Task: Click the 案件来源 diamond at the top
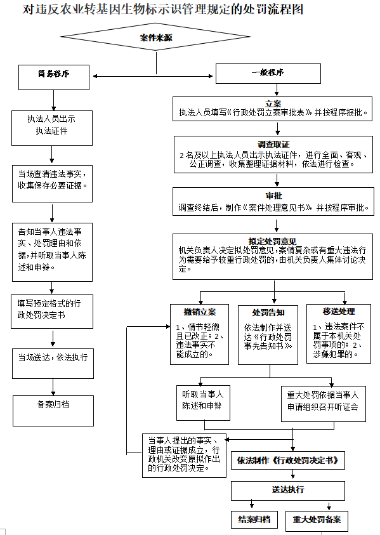pyautogui.click(x=155, y=38)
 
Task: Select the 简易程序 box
pyautogui.click(x=53, y=74)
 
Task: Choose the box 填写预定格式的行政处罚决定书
pyautogui.click(x=53, y=309)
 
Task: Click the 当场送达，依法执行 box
pyautogui.click(x=53, y=357)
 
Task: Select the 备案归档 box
pyautogui.click(x=53, y=404)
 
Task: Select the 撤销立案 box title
pyautogui.click(x=200, y=312)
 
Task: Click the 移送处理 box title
pyautogui.click(x=339, y=312)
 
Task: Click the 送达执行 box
pyautogui.click(x=287, y=490)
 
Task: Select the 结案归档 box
pyautogui.click(x=254, y=520)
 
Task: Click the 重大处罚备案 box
pyautogui.click(x=317, y=520)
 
